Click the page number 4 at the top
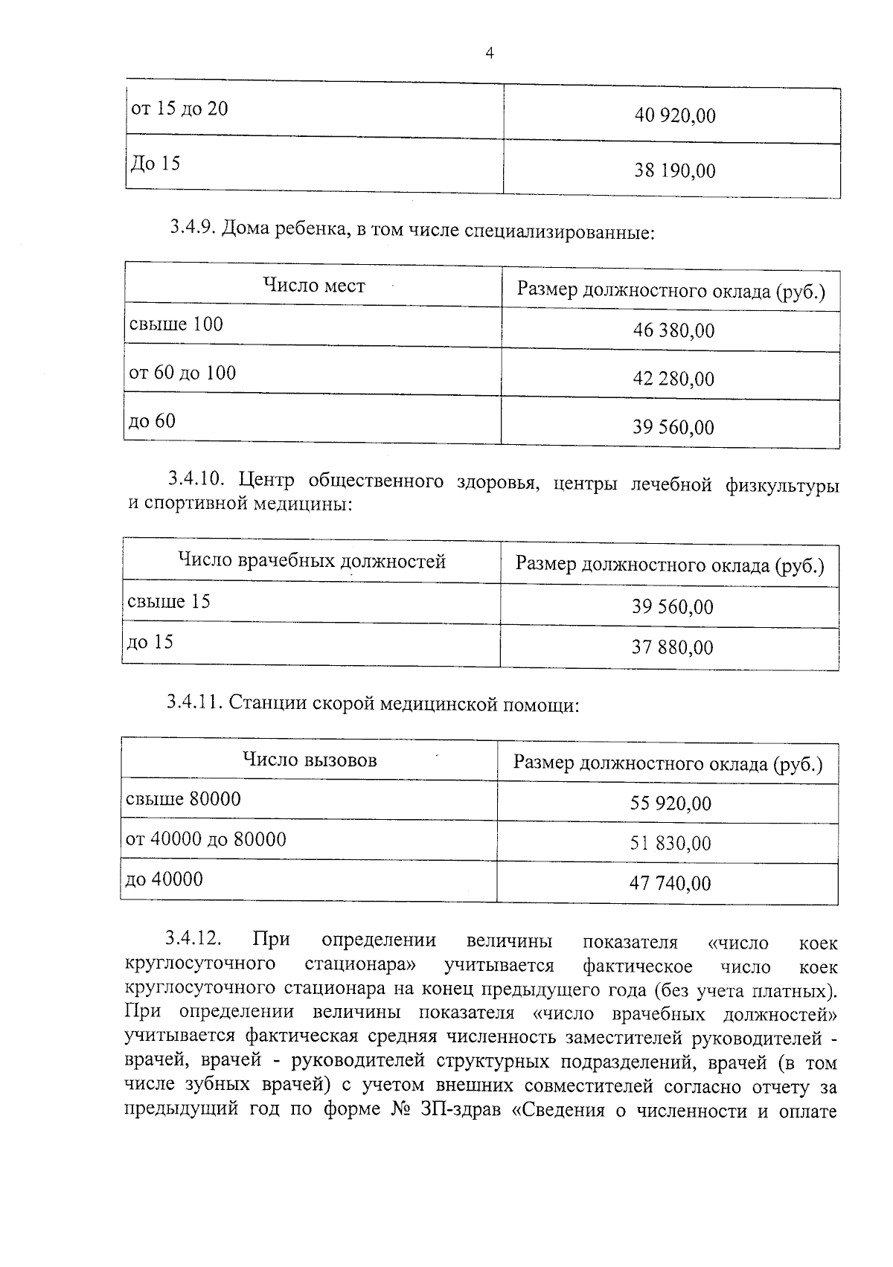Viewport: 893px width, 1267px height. (x=489, y=53)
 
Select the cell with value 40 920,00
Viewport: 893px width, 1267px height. (x=674, y=116)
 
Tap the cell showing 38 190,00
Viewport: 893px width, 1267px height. (x=674, y=171)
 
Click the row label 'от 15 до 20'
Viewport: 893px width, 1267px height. (x=179, y=109)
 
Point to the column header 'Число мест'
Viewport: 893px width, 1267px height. (x=314, y=286)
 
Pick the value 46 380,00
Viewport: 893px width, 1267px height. (x=673, y=330)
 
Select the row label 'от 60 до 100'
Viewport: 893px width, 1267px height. (x=182, y=373)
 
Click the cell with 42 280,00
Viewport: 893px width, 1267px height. (x=673, y=379)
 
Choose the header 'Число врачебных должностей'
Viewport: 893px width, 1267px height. (x=312, y=561)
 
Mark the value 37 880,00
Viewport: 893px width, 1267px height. (x=672, y=648)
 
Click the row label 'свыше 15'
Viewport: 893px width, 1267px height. (x=169, y=601)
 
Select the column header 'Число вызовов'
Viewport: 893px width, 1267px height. (x=310, y=760)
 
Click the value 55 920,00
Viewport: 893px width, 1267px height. (x=670, y=803)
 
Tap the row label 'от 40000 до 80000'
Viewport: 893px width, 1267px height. (x=206, y=839)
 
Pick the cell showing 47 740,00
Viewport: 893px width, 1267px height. (x=670, y=884)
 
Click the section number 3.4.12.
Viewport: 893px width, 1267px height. (x=193, y=939)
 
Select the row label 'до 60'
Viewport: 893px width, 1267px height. (x=153, y=421)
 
